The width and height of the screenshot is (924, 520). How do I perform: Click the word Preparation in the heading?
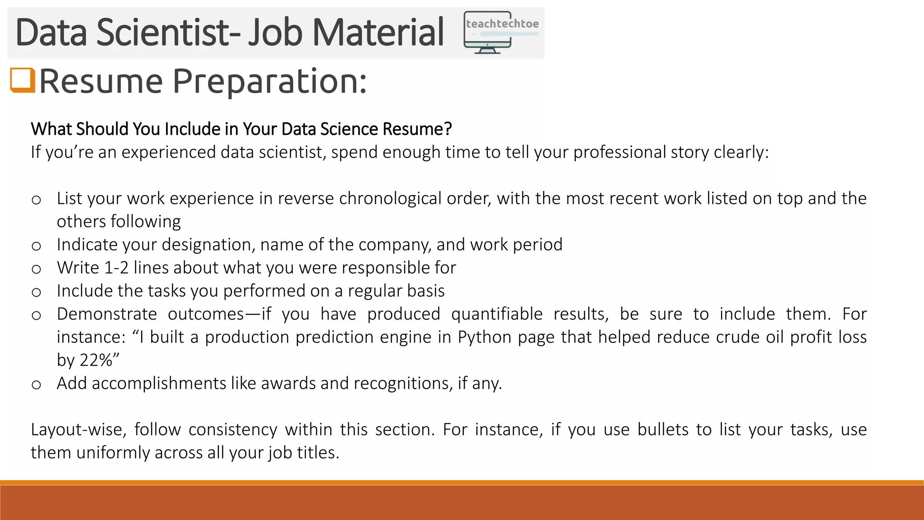[269, 81]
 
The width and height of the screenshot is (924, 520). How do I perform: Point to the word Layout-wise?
[76, 429]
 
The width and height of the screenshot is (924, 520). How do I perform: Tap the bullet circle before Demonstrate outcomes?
[37, 315]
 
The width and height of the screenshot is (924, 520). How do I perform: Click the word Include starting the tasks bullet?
[84, 291]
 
